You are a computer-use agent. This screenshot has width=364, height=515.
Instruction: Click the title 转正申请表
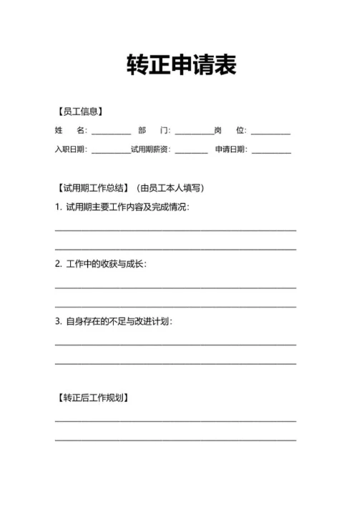click(182, 65)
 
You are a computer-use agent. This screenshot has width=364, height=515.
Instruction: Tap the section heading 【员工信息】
click(79, 112)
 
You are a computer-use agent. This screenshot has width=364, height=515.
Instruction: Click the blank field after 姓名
click(111, 132)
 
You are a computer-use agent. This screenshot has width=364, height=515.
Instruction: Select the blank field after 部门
click(194, 132)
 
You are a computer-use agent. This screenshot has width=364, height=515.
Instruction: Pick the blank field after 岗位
click(270, 132)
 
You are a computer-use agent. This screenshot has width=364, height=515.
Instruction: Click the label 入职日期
click(71, 150)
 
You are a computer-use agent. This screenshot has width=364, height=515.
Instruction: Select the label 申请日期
click(231, 150)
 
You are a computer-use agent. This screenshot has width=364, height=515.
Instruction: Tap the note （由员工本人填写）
click(169, 189)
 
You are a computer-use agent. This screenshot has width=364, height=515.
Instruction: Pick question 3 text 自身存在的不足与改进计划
click(114, 321)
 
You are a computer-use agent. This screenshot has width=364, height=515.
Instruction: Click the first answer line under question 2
click(175, 288)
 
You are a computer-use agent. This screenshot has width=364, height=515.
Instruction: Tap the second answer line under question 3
click(175, 363)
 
